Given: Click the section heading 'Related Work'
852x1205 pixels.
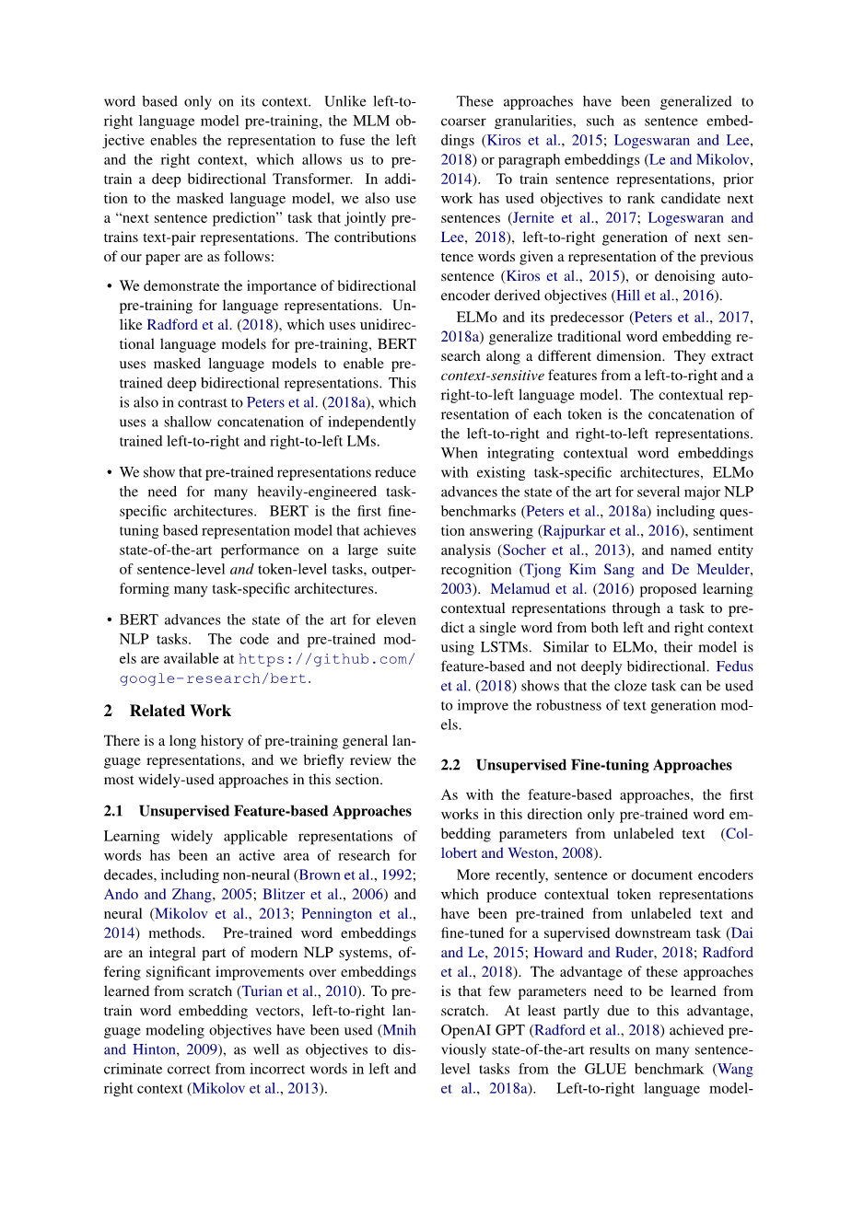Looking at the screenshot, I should click(180, 711).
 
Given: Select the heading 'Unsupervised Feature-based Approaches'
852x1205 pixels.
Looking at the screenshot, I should click(274, 811).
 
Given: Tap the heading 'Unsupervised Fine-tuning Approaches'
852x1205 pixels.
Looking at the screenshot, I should click(603, 765).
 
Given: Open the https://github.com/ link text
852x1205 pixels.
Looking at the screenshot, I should click(326, 659).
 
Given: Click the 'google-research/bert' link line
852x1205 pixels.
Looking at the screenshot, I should click(214, 678).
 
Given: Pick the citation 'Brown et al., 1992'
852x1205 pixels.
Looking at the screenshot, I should click(356, 875).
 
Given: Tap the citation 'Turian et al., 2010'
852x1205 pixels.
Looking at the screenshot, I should click(298, 991).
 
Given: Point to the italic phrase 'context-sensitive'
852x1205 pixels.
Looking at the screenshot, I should click(492, 376).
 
